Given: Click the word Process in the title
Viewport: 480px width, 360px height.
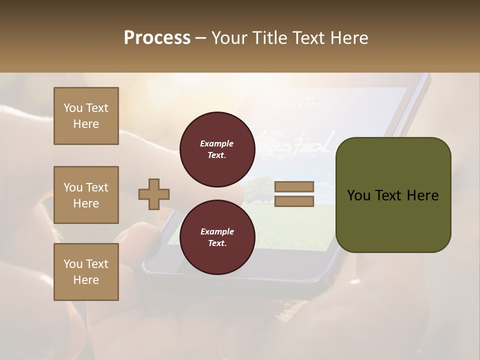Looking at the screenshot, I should point(157,38).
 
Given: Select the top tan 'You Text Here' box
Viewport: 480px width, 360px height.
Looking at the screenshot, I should point(86,116).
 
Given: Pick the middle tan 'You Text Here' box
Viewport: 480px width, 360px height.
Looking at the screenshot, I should point(86,195).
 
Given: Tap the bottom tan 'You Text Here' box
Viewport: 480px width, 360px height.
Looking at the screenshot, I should point(86,272).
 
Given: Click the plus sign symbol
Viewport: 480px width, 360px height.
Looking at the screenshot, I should point(154,194).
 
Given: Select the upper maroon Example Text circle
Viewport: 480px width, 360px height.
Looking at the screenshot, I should point(217,149).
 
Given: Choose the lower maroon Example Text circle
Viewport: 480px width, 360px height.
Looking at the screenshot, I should point(217,237).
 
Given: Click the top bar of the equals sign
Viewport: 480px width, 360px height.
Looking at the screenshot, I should point(294,186).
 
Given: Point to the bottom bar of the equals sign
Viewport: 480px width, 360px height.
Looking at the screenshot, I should point(294,201).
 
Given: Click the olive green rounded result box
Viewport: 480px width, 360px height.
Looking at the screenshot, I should point(393,195).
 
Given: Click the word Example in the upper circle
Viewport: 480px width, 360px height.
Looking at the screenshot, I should point(217,144).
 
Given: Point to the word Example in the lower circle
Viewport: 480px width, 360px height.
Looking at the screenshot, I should point(217,232).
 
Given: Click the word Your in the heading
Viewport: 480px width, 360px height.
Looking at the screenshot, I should point(229,38).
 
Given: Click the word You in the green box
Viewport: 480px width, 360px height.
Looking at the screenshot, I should point(359,195).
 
